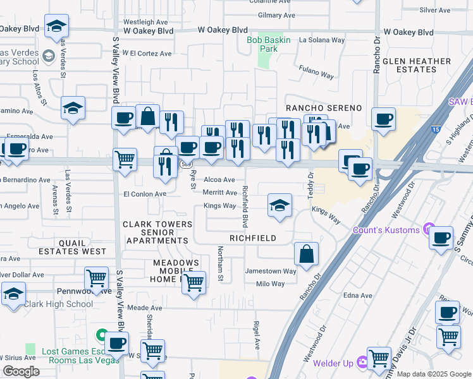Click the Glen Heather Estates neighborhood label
click(x=430, y=65)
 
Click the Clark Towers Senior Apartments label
click(x=157, y=232)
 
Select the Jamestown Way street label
click(x=271, y=272)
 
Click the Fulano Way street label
click(x=316, y=74)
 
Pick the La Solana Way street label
click(x=322, y=40)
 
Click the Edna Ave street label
click(x=357, y=296)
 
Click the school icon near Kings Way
click(x=279, y=205)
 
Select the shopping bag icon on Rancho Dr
click(x=306, y=254)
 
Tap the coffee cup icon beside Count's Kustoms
click(x=441, y=238)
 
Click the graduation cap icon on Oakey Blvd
click(x=56, y=26)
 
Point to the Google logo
click(x=21, y=371)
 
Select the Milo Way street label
click(x=270, y=284)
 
